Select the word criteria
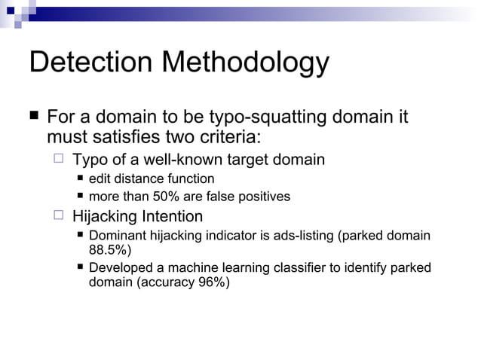225,138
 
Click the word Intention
170,217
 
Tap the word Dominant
115,236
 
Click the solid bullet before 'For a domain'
34,117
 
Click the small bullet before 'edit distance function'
81,178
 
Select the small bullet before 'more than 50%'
81,197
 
